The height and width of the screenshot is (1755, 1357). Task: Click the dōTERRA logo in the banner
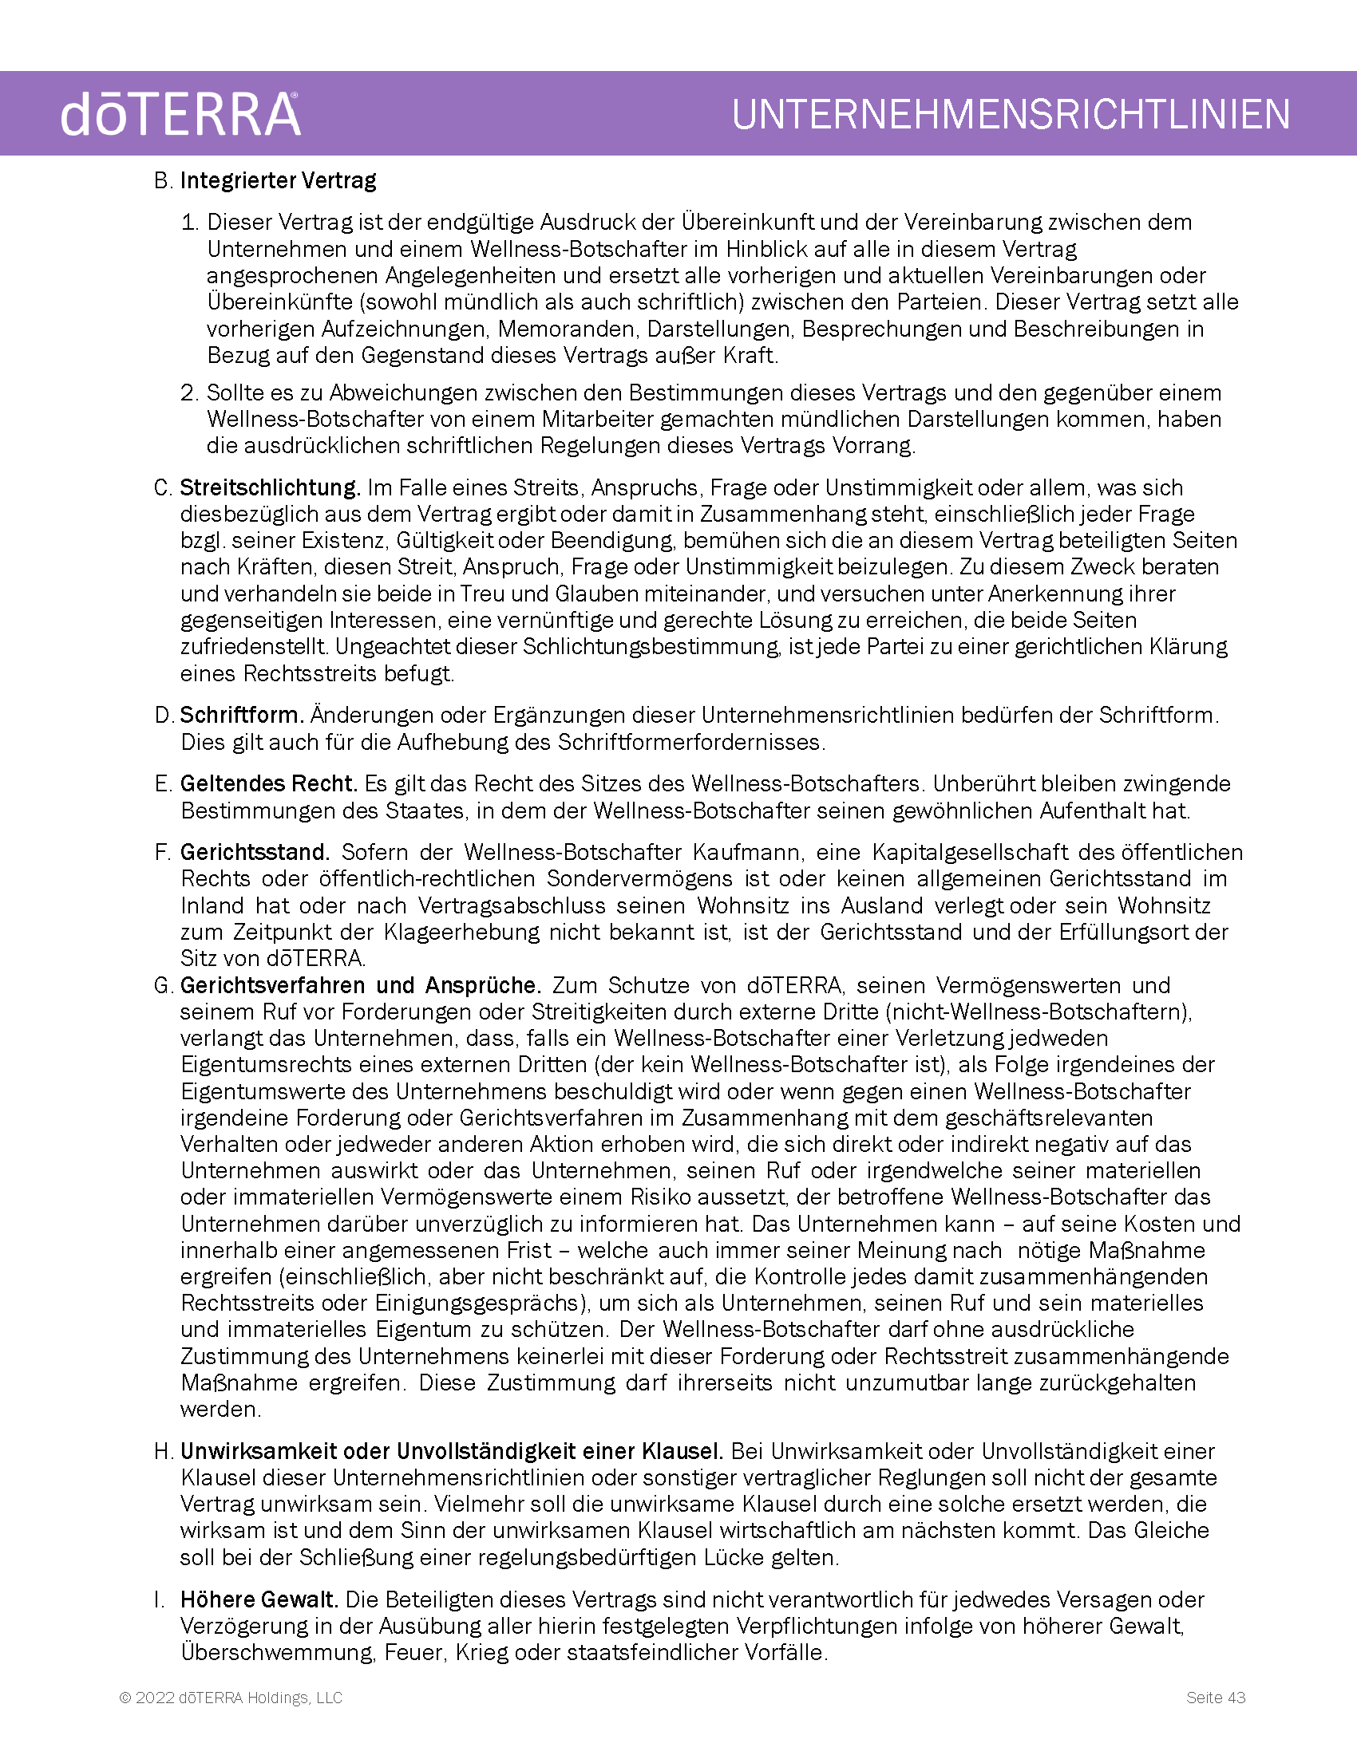point(180,114)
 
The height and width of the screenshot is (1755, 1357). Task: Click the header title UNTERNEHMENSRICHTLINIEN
point(1011,114)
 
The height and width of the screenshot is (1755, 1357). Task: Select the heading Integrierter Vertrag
point(278,181)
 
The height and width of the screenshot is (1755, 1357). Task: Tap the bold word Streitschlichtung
point(269,487)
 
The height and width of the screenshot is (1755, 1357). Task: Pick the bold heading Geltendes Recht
point(267,783)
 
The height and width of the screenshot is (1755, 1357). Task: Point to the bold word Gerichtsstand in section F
point(255,852)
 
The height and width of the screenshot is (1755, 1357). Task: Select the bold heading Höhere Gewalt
point(259,1599)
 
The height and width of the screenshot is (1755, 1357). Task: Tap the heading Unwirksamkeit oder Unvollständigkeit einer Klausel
point(452,1451)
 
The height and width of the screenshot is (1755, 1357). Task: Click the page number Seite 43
point(1216,1697)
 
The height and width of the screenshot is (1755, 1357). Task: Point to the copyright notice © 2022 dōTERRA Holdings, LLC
point(231,1697)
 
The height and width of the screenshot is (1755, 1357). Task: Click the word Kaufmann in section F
point(747,852)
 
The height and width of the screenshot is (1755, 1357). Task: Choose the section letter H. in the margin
point(164,1451)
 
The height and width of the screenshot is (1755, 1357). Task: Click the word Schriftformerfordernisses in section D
point(690,742)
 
